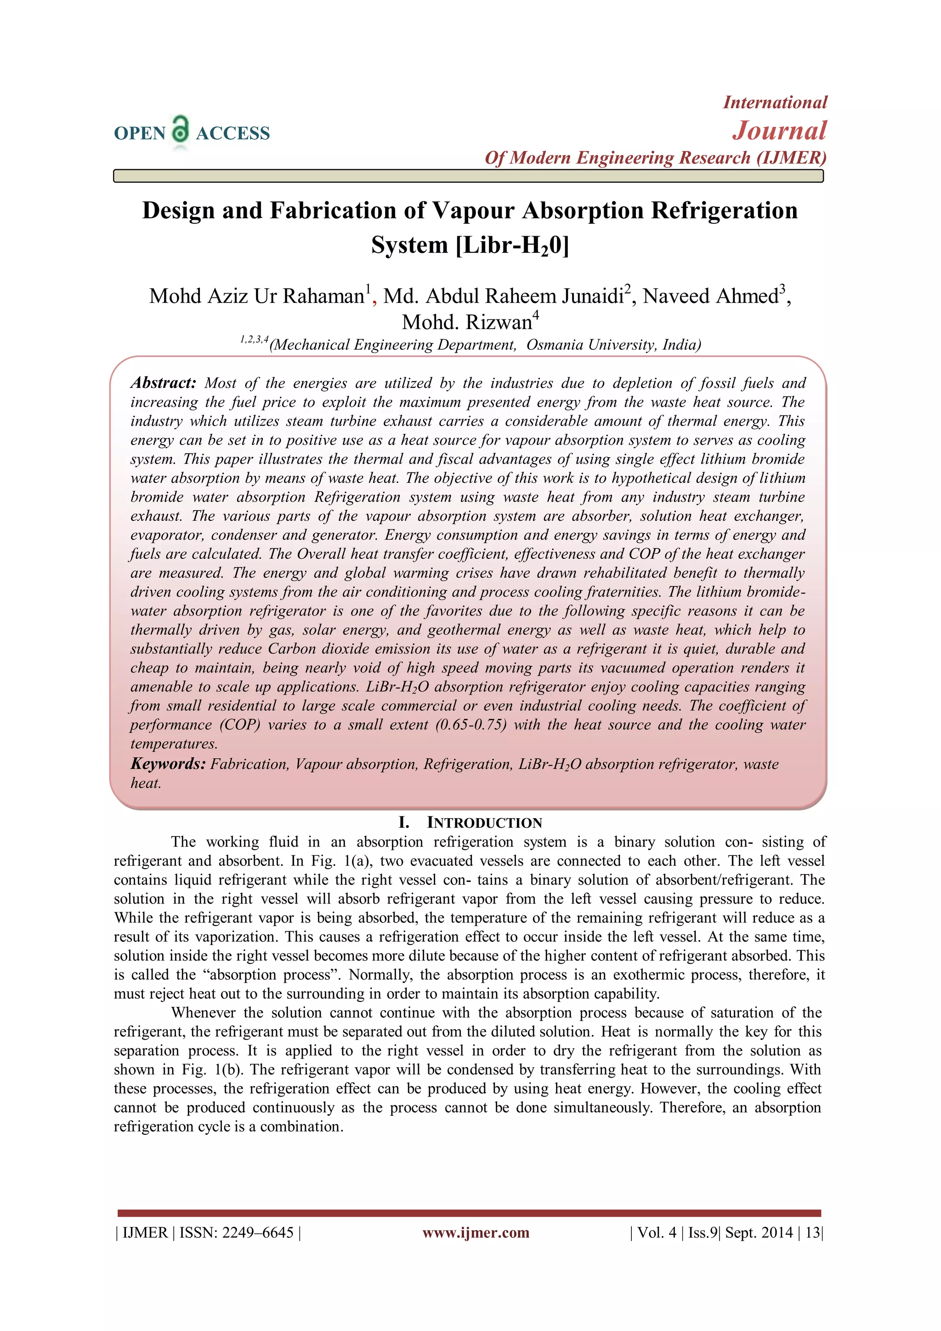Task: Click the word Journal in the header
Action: [779, 131]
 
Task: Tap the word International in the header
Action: [775, 102]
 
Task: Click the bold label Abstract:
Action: [164, 382]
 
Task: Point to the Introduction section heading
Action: [470, 823]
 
